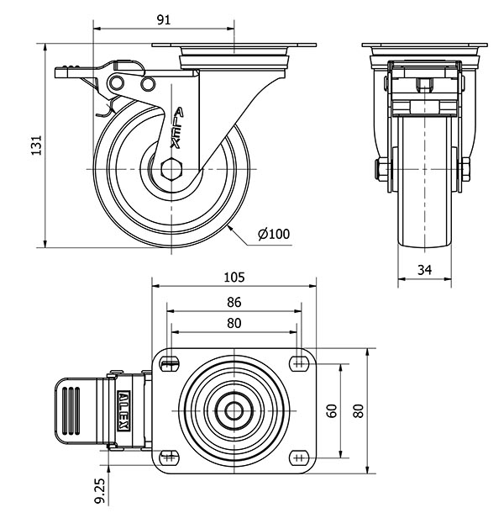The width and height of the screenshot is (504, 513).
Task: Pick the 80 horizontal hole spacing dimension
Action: click(234, 322)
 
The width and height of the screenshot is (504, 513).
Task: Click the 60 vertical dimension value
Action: click(333, 410)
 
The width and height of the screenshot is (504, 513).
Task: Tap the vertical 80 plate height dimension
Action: click(359, 410)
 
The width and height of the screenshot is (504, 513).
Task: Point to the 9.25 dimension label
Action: click(101, 489)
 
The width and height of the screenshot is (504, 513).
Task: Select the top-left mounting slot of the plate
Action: click(171, 364)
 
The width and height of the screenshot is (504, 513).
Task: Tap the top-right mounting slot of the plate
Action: click(298, 364)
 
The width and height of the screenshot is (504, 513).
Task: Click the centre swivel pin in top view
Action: click(234, 410)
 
